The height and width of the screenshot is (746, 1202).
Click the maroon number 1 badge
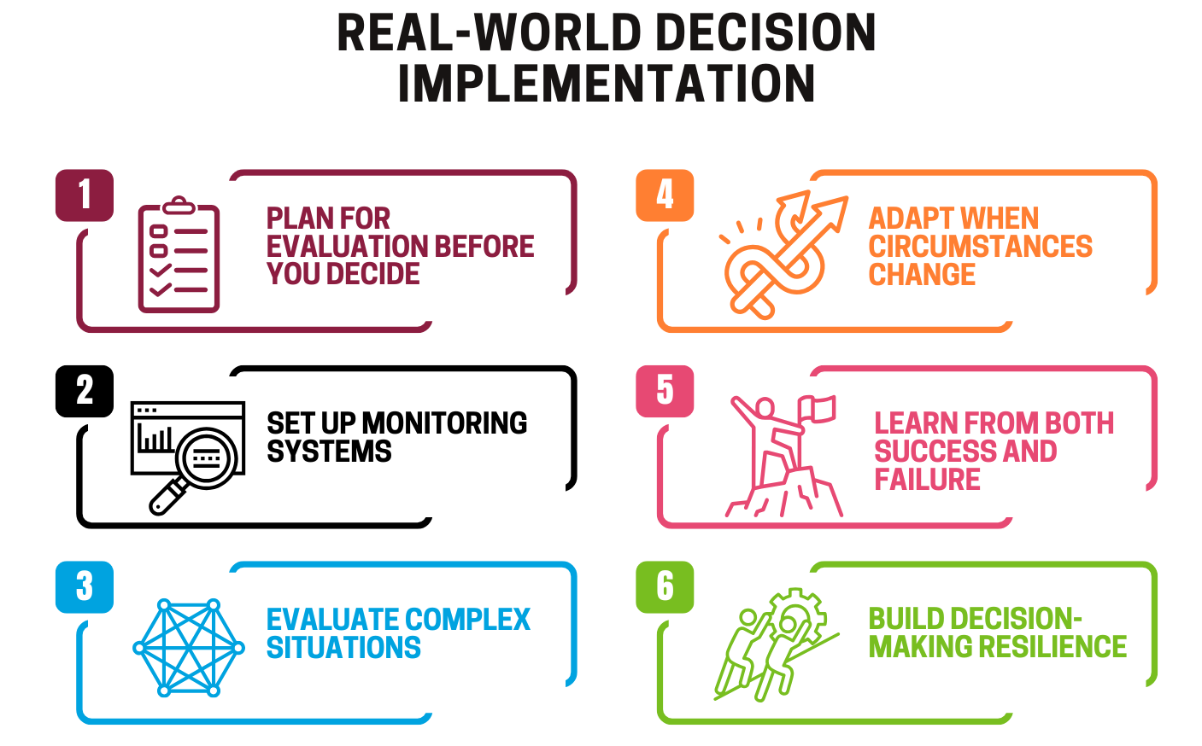pos(85,195)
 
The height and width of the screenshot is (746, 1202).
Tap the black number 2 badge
pos(85,391)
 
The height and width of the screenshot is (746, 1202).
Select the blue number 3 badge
pos(85,587)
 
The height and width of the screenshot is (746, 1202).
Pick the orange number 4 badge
pos(665,195)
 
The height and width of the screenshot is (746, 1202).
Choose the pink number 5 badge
pos(665,391)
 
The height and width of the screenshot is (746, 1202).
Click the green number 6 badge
pos(665,587)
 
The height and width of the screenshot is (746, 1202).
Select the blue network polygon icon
pos(189,647)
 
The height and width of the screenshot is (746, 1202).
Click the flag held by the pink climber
pos(821,409)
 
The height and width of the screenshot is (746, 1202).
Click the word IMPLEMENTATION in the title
pos(606,84)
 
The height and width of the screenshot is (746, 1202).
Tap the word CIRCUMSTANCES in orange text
pos(980,247)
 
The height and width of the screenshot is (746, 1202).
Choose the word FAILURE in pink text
pos(927,480)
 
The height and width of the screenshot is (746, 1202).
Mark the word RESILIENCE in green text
pos(1052,647)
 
